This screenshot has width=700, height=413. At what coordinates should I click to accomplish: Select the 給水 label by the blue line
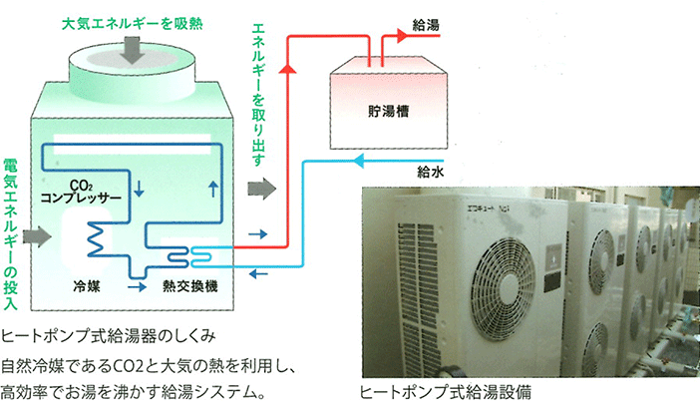[x=430, y=172]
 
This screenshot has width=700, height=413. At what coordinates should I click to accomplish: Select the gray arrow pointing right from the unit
[x=259, y=189]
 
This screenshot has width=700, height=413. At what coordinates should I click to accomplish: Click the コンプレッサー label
[x=82, y=198]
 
